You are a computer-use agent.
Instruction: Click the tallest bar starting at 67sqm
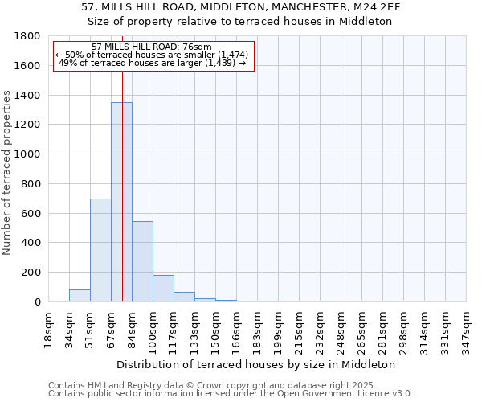point(121,201)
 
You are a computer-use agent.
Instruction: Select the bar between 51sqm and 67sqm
point(100,249)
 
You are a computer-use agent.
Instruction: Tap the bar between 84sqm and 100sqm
point(142,261)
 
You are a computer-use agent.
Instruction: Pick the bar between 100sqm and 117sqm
point(163,288)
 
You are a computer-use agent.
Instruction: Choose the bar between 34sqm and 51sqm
point(80,295)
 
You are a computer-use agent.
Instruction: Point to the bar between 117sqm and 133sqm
point(184,297)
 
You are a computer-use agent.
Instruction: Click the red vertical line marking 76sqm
point(122,161)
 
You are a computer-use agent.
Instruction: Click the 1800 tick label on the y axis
point(28,36)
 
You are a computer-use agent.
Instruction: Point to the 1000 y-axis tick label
point(28,154)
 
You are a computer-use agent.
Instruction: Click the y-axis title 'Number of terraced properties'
point(7,173)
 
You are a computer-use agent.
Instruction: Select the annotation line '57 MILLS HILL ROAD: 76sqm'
point(152,47)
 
